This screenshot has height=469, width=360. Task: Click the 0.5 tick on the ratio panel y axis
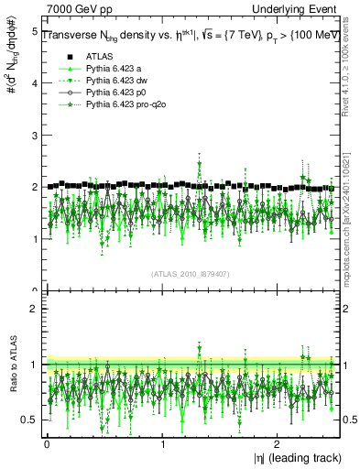(29, 420)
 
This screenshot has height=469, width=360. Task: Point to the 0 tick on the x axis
(47, 444)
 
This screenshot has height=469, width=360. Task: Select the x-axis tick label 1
(162, 444)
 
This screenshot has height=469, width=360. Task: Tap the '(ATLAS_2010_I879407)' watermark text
(191, 273)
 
